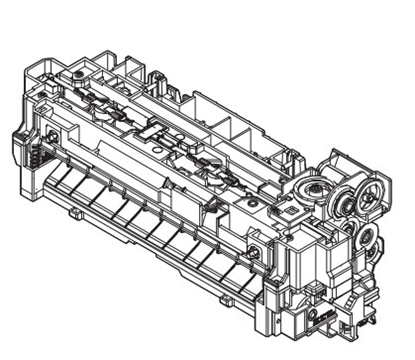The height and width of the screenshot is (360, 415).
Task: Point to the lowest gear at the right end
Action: point(367,239)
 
